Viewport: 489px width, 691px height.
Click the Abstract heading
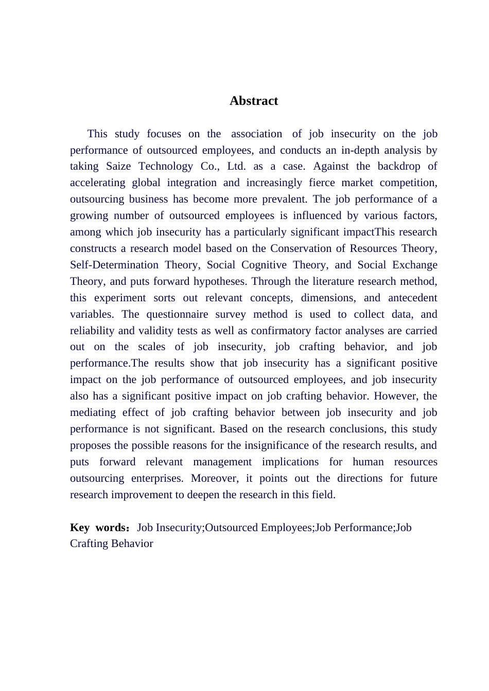(x=254, y=101)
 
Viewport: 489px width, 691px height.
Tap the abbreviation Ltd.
(x=236, y=166)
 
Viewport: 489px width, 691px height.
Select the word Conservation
(x=302, y=248)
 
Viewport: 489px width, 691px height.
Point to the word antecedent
(x=412, y=298)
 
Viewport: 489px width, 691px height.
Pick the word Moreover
(x=215, y=478)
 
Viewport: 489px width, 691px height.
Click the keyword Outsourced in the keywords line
(x=231, y=528)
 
